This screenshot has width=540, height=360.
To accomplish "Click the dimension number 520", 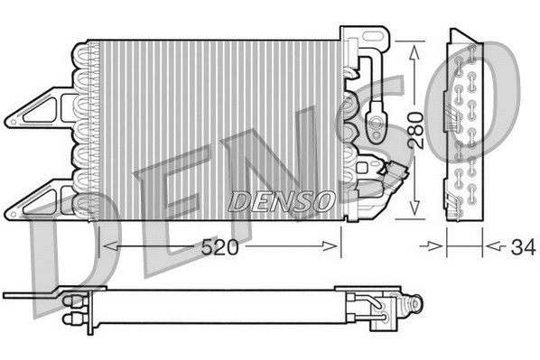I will [219, 245].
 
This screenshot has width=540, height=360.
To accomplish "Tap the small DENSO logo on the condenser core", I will [281, 200].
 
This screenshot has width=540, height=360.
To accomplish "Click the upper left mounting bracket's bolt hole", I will [16, 117].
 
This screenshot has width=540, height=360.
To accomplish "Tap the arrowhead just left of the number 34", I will [489, 245].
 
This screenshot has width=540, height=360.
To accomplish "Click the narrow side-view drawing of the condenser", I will [466, 126].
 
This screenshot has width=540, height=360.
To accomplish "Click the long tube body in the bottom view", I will [217, 307].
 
